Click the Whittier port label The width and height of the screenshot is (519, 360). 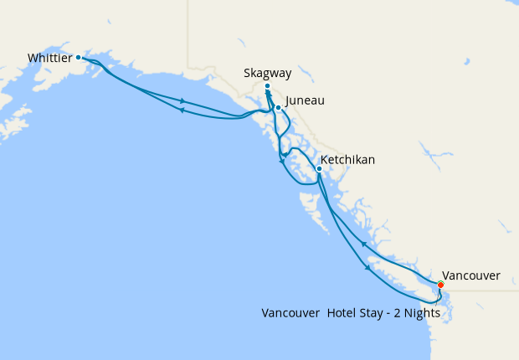[x=49, y=58]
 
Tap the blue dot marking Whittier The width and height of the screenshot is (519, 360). [x=79, y=58]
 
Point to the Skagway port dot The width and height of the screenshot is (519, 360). [x=267, y=86]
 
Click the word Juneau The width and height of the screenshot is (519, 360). [x=305, y=100]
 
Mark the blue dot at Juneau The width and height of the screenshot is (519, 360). [x=278, y=107]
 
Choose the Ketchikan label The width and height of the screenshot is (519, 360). [x=347, y=159]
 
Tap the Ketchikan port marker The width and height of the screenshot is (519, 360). [x=319, y=168]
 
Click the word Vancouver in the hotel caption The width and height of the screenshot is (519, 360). [x=290, y=313]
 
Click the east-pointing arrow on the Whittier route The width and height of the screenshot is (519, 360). [x=182, y=101]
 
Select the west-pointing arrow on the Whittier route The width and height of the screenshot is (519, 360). [x=182, y=111]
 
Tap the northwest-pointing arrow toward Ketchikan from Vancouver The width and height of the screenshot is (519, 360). [x=363, y=244]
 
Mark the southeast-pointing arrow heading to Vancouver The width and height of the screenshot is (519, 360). [x=367, y=268]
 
